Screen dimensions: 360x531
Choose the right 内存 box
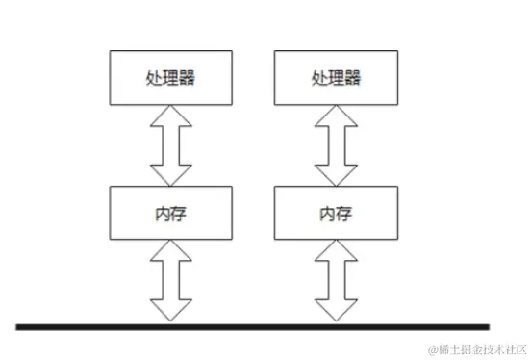tap(336, 212)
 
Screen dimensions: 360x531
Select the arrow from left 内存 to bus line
tap(172, 281)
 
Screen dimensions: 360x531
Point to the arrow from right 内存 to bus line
tap(336, 281)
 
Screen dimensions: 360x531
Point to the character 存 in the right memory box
tap(344, 212)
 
